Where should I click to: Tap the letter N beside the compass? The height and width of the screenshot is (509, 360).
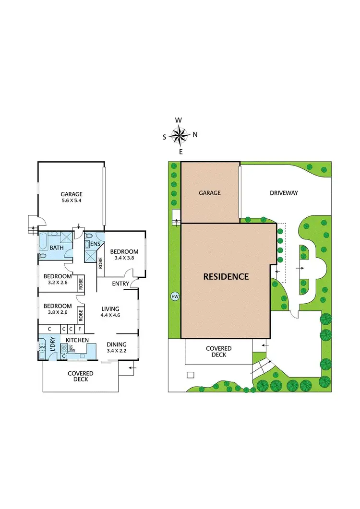[195, 135]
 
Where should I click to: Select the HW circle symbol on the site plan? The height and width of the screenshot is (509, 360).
[175, 296]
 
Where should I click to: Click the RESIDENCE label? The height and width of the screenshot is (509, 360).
[226, 277]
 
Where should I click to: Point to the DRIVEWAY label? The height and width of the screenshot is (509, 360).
[284, 193]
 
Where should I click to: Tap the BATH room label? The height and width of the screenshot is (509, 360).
[57, 248]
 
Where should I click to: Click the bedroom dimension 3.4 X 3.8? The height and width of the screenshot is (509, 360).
[124, 258]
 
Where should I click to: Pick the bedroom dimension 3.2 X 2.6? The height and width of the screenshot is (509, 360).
[58, 283]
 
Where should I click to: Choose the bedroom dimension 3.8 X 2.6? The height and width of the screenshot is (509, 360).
[58, 313]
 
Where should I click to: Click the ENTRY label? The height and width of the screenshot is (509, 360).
[120, 284]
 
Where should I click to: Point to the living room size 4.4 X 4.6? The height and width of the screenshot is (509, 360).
[110, 315]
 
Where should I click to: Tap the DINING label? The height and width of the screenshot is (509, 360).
[117, 344]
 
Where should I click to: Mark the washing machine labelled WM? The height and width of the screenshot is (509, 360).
[42, 347]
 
